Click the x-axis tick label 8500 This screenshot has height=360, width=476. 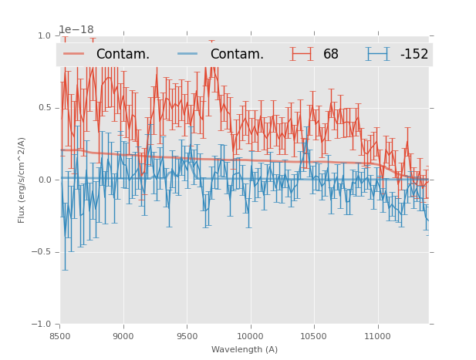(60, 336)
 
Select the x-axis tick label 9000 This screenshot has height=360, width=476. (123, 336)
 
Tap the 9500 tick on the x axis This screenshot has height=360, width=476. (187, 336)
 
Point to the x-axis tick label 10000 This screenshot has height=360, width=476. (250, 336)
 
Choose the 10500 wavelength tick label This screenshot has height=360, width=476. (313, 336)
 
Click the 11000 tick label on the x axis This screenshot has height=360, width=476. (377, 336)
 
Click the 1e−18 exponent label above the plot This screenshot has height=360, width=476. (76, 30)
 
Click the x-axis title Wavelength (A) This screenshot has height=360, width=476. (245, 349)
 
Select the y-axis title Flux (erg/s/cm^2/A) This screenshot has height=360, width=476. (22, 180)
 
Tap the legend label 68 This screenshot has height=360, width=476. (331, 54)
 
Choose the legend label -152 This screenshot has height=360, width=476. (414, 54)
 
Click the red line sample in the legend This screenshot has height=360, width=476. (74, 54)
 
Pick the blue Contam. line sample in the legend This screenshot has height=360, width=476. (188, 54)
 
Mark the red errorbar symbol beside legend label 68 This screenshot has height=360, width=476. (302, 54)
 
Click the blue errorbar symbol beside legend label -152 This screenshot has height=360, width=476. (378, 54)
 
